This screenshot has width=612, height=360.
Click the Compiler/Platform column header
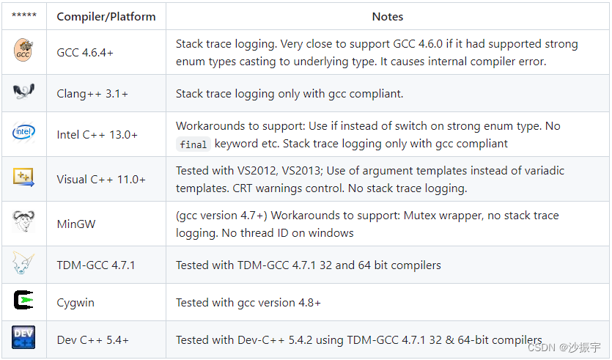coord(106,17)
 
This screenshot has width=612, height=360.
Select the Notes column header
coord(387,17)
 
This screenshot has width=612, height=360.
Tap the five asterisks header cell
coord(24,15)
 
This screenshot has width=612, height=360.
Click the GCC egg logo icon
coord(23,50)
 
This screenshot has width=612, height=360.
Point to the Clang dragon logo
coord(23,92)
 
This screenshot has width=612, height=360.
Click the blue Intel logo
coord(23,132)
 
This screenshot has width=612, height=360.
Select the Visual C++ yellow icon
coord(23,177)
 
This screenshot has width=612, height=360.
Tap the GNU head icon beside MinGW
coord(23,221)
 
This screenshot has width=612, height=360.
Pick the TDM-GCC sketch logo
coord(23,262)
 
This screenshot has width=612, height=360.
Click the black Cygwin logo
coord(23,301)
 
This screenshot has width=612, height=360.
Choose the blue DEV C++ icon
coord(23,337)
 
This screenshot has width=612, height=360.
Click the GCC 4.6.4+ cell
coord(85,52)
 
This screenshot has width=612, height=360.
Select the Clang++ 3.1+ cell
coord(92,94)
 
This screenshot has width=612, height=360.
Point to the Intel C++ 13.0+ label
coord(97,135)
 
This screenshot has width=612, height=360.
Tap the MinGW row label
coord(76,224)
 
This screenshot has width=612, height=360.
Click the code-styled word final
coord(193,144)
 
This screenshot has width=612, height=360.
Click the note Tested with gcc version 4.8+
coord(248,303)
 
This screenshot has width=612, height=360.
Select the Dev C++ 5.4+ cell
coord(92,340)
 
